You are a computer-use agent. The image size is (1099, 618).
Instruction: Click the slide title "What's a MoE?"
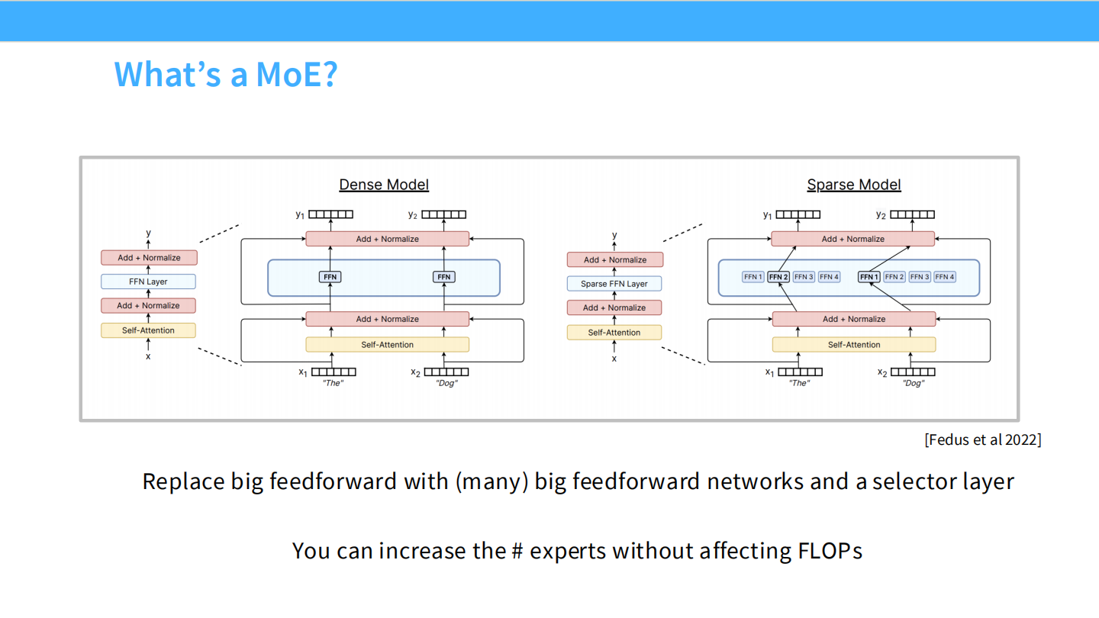[x=225, y=74]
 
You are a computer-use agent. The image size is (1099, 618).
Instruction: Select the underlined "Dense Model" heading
[x=384, y=185]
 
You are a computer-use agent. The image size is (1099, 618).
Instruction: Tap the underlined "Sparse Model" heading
[x=854, y=185]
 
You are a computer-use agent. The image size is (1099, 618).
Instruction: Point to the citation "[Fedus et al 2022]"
[x=982, y=439]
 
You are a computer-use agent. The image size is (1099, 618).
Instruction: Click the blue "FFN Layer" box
[x=148, y=282]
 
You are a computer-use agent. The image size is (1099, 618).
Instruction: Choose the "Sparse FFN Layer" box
[x=614, y=284]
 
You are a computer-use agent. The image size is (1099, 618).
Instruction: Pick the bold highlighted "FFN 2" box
[x=778, y=277]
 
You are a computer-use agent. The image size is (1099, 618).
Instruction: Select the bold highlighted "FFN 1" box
[x=869, y=277]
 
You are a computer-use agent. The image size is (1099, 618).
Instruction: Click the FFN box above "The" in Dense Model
[x=330, y=277]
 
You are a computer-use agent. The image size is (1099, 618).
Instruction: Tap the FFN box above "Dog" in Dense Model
[x=444, y=277]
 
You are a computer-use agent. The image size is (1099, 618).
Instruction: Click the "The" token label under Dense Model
[x=333, y=384]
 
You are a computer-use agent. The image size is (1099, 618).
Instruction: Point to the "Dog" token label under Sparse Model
[x=913, y=384]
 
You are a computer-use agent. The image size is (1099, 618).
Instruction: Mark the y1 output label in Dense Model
[x=301, y=215]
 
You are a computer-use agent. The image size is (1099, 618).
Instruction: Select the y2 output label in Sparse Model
[x=881, y=215]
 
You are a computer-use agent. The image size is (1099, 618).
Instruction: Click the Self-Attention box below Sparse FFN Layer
[x=614, y=333]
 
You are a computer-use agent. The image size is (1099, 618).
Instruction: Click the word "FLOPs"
[x=830, y=550]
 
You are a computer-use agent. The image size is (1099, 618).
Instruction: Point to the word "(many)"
[x=491, y=481]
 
